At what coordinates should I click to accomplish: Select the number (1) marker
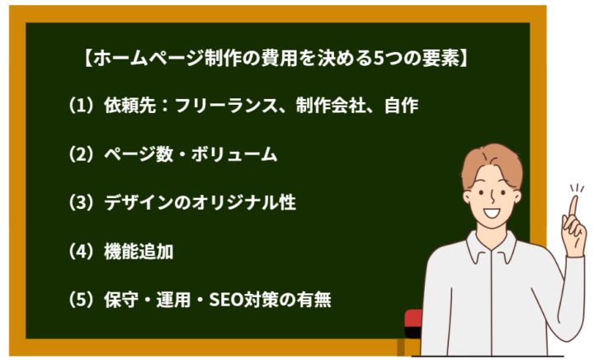point(83,106)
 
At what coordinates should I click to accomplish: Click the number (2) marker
point(83,154)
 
